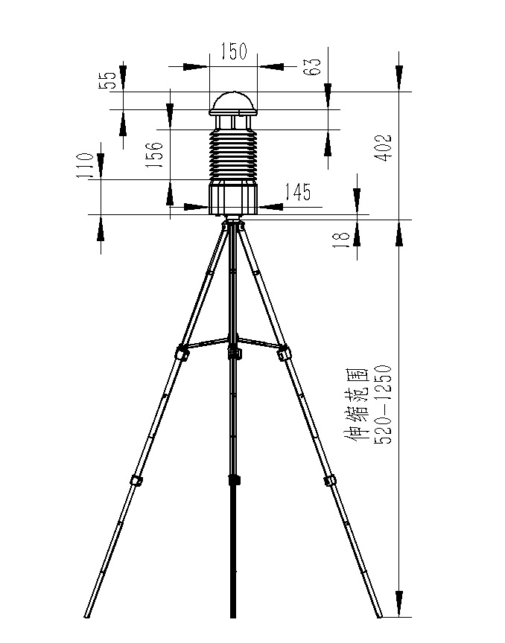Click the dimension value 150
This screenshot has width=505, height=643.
pyautogui.click(x=233, y=51)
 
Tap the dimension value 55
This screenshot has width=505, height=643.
pyautogui.click(x=109, y=80)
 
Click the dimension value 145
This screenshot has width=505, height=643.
pyautogui.click(x=297, y=192)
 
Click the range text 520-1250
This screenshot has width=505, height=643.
pyautogui.click(x=381, y=405)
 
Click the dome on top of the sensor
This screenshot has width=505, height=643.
pyautogui.click(x=233, y=103)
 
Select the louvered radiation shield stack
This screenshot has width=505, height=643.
pyautogui.click(x=233, y=153)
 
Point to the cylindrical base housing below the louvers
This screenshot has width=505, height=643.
pyautogui.click(x=233, y=197)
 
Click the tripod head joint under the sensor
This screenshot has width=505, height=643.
pyautogui.click(x=234, y=222)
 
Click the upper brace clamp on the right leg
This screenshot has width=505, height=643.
pyautogui.click(x=284, y=352)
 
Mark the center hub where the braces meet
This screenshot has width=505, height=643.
pyautogui.click(x=234, y=350)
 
